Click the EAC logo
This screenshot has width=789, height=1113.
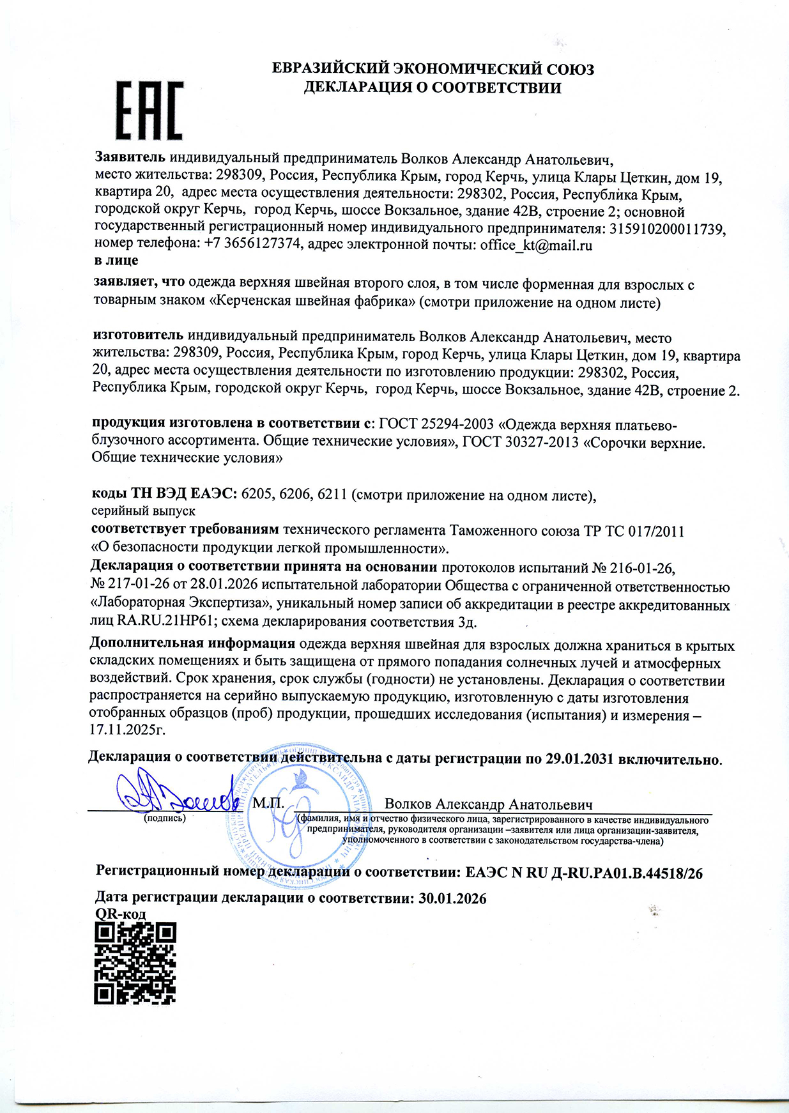(x=149, y=111)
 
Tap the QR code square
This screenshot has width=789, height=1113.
(x=135, y=963)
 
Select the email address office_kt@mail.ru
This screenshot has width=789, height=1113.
(x=536, y=245)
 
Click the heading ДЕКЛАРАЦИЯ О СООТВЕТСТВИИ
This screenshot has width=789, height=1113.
(x=432, y=88)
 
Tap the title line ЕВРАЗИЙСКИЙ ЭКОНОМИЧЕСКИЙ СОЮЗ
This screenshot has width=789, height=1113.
(x=433, y=69)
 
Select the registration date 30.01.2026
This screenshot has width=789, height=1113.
(x=452, y=898)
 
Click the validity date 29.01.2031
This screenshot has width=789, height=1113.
(x=579, y=758)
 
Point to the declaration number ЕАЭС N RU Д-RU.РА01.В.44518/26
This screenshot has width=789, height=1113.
(x=584, y=873)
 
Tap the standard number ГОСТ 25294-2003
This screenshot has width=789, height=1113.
(x=436, y=424)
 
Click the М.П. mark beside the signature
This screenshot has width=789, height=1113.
(x=268, y=803)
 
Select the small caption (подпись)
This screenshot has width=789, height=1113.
(x=165, y=818)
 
